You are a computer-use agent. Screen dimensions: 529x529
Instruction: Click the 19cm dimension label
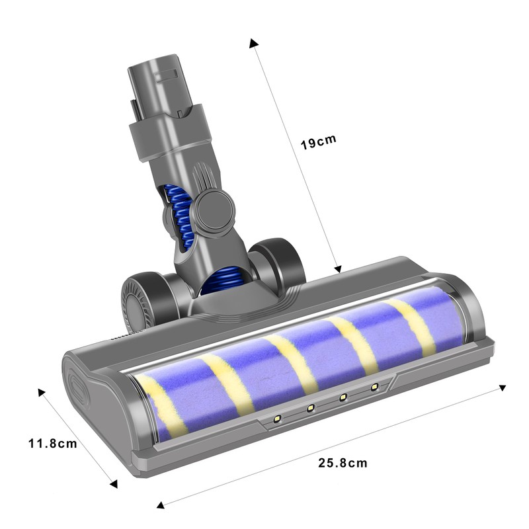pos(319,142)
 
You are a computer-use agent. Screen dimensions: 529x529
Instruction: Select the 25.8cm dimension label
pos(342,462)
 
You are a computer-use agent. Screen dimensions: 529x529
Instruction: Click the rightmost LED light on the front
pos(374,386)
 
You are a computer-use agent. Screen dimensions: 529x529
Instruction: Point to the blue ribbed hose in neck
pos(179,212)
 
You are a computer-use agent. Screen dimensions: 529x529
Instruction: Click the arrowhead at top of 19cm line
pos(253,43)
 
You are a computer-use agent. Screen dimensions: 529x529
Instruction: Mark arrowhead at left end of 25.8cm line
pos(159,506)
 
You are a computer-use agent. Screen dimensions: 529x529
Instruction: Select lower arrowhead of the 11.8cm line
pos(113,484)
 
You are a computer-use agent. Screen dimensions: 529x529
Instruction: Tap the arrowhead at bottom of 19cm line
pos(338,269)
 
